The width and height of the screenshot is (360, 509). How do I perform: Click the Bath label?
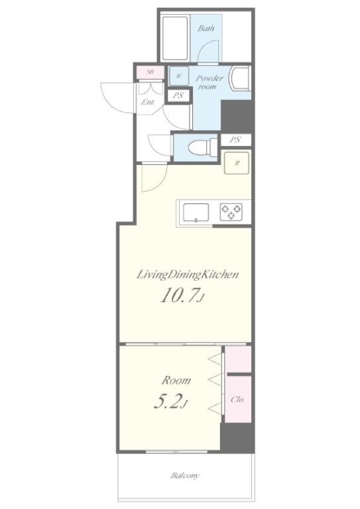tap(206, 28)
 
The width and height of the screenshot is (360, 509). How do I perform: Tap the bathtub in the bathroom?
tap(175, 38)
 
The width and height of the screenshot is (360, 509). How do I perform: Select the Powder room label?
tap(210, 82)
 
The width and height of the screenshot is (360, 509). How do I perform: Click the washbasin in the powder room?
tap(239, 78)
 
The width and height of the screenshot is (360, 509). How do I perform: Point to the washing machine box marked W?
tap(178, 76)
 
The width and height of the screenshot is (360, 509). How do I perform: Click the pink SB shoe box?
tap(150, 72)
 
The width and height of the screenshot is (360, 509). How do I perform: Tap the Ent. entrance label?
tap(148, 102)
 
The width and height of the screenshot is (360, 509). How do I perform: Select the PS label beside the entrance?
tap(178, 95)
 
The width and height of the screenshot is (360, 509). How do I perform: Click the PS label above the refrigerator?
tap(235, 140)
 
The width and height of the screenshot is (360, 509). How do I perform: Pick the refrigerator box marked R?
tap(237, 163)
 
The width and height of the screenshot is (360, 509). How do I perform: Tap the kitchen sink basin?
tap(196, 213)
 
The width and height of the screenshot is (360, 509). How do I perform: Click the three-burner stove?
tap(231, 211)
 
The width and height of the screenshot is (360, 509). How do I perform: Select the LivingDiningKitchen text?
tap(188, 275)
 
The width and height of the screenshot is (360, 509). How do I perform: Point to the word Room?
tap(176, 380)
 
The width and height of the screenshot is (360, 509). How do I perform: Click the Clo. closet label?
tap(237, 400)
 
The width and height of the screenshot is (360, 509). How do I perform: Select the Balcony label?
tap(185, 476)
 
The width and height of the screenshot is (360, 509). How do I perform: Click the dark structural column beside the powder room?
tap(237, 116)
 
